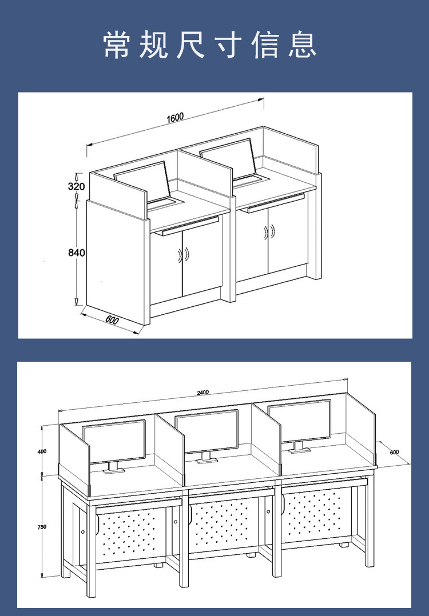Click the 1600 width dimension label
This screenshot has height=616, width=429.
click(x=176, y=118)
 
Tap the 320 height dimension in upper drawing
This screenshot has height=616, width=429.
click(x=76, y=186)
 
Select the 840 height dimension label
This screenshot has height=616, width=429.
click(x=77, y=252)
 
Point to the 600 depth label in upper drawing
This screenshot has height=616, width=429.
click(x=112, y=320)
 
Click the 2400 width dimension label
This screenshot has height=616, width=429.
click(x=203, y=392)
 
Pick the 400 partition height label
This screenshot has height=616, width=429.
click(x=42, y=451)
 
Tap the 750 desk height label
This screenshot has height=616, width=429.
click(x=42, y=527)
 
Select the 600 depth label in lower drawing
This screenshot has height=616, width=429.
click(x=394, y=452)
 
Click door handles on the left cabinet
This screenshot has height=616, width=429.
click(x=184, y=255)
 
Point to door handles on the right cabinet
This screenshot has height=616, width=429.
click(x=270, y=232)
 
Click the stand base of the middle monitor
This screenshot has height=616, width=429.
click(x=207, y=460)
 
